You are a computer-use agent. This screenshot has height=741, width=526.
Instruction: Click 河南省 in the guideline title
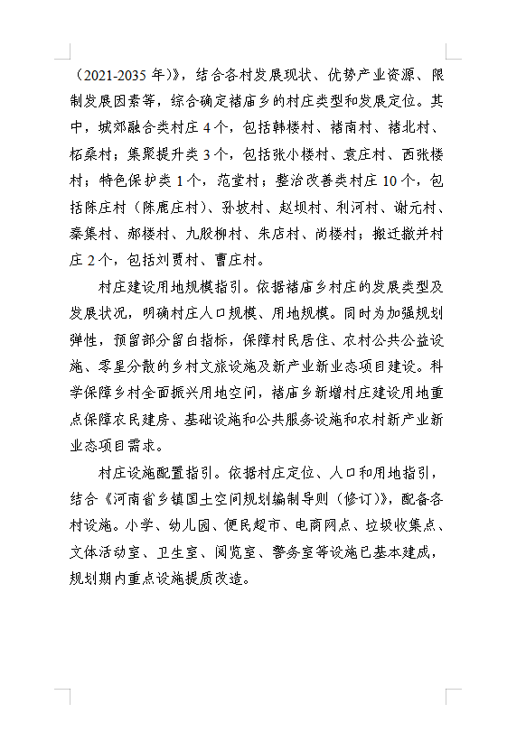[136, 498]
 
